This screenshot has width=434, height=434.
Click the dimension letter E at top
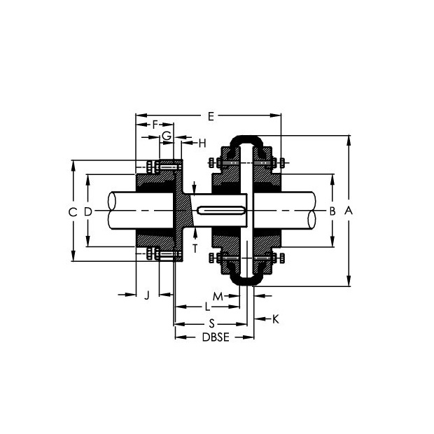pos(211,116)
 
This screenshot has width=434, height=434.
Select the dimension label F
pos(155,125)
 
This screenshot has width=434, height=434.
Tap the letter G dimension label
pos(167,136)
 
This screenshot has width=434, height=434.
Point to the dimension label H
pos(202,143)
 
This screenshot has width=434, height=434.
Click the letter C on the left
pos(73,212)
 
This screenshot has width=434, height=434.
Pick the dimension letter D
pos(87,212)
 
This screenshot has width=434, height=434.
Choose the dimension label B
pos(332,211)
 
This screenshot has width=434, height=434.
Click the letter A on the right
pos(349,211)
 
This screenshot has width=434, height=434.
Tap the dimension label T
pos(195,248)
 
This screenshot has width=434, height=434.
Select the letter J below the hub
pos(147,295)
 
